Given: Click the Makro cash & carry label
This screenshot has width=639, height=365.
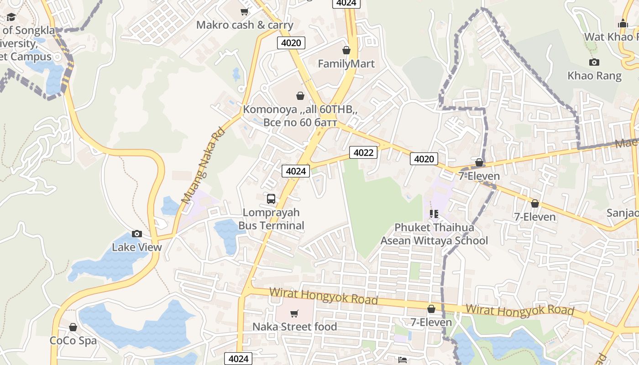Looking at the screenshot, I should coord(245,25).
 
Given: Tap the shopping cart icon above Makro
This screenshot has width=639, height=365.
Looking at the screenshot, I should coord(245,11).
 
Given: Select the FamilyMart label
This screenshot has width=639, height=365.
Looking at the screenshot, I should coord(346,63).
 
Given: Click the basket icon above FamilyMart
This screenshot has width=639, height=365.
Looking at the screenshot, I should coord(346,50).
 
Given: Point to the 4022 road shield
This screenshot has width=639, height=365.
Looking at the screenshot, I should coord(363,152).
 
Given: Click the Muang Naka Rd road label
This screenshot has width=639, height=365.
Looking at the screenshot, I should coord(203,165).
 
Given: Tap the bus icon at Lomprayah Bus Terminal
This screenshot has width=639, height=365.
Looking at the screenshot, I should coord(271,199).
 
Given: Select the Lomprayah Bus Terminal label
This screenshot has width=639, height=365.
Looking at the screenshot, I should coord(271,219).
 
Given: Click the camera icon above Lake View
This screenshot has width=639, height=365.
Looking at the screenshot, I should coord(136,234).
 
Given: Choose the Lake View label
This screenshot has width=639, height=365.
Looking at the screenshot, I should coord(137,247).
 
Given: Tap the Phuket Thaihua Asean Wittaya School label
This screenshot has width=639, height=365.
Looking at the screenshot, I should coord(434,234).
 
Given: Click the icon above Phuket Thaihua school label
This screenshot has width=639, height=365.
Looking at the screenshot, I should coord(434,214).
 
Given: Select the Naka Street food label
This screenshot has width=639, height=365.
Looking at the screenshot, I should coord(294,327).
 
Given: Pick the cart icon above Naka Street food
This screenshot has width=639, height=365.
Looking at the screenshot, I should coord(294,313).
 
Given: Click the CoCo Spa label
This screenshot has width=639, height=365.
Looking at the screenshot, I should coord(73,341).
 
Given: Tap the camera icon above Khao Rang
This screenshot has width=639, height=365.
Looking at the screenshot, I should coord(594,63).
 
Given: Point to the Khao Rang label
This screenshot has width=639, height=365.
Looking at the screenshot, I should coord(594,76).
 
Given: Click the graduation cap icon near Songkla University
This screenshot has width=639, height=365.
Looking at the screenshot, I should coord(11,17).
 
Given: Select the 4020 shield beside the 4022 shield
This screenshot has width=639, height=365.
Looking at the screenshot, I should coord(424,159).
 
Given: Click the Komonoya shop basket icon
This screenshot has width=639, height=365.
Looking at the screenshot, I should coord(300,96).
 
